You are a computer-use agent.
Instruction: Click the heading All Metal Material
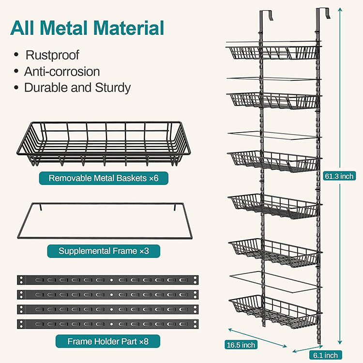tap(88, 28)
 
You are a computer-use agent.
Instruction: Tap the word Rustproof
tap(52, 55)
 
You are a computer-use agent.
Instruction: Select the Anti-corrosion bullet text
tap(62, 72)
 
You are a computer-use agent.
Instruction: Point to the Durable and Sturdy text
tap(77, 88)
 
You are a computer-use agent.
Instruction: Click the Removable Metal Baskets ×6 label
tap(104, 178)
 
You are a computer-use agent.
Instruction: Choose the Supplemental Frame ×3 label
tap(103, 251)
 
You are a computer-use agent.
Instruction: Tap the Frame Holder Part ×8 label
tap(107, 341)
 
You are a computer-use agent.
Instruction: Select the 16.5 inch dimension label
tap(241, 345)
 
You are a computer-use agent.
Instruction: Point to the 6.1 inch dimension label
tap(325, 355)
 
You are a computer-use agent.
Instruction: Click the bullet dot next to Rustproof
tap(17, 55)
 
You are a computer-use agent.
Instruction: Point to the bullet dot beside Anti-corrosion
tap(17, 72)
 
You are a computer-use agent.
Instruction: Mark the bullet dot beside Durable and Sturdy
tap(17, 88)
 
